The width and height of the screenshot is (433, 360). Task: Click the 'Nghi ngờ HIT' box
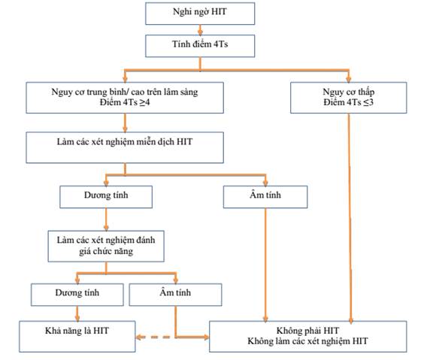[x=200, y=14]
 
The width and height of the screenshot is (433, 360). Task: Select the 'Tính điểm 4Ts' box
[x=200, y=46]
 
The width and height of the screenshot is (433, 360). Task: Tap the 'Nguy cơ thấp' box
[x=349, y=98]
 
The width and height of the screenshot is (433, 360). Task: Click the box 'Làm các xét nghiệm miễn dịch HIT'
[x=125, y=147]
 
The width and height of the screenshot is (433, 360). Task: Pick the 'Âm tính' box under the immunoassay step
[x=265, y=197]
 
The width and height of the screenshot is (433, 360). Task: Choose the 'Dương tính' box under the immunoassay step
[x=106, y=197]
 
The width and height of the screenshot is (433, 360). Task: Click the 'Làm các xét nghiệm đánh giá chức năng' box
[x=106, y=246]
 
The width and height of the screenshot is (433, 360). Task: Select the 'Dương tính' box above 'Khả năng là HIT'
[x=77, y=295]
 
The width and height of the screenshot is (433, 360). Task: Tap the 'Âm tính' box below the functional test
[x=175, y=295]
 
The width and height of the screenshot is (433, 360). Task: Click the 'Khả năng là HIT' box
[x=77, y=336]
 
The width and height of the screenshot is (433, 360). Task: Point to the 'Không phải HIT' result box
[x=308, y=336]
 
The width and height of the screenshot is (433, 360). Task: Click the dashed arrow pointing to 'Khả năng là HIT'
[x=153, y=337]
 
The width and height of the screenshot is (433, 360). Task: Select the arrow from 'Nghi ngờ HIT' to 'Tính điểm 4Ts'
[x=200, y=30]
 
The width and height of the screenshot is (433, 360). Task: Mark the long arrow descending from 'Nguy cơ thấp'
[x=350, y=218]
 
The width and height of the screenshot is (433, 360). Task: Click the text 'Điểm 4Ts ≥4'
[x=125, y=102]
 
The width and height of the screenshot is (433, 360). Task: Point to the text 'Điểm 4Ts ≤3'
[x=349, y=102]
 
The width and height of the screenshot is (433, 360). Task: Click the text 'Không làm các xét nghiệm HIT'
[x=307, y=341]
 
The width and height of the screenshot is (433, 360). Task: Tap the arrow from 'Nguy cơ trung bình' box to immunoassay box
[x=125, y=123]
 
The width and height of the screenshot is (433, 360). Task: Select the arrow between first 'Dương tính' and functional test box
[x=106, y=219]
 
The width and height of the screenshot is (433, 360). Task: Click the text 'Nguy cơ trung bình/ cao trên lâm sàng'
[x=125, y=92]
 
